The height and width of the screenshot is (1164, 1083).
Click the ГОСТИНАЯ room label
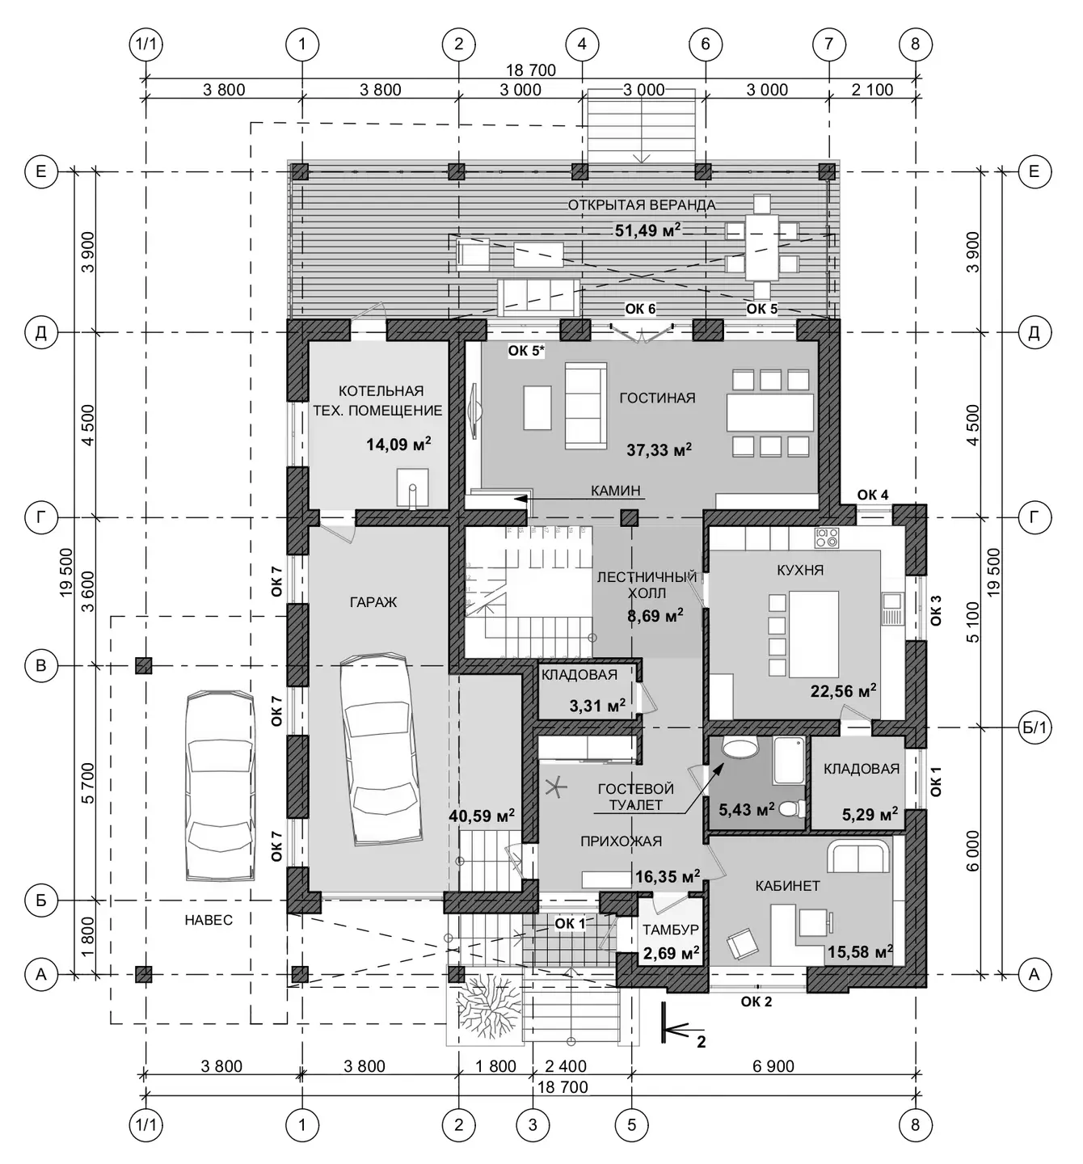[x=657, y=398]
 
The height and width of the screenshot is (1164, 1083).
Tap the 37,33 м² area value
[x=659, y=449]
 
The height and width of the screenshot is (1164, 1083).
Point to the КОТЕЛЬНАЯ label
[x=381, y=391]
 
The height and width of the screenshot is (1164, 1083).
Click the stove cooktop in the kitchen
[x=827, y=538]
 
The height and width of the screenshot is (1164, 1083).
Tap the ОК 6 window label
[x=640, y=309]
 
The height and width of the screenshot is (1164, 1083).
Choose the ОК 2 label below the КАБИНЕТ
[x=756, y=1002]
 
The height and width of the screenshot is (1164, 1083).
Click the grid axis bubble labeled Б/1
[x=1034, y=727]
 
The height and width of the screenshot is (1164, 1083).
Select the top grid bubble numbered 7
[x=828, y=44]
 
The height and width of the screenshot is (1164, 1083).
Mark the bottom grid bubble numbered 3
[x=533, y=1124]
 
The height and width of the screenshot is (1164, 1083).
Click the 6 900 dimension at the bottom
[x=773, y=1066]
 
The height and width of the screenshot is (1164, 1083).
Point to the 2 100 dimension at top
[x=872, y=90]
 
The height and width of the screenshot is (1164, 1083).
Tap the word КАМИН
[x=615, y=491]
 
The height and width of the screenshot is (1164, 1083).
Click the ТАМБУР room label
[x=671, y=930]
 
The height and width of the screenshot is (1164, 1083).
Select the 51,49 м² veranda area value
[x=647, y=230]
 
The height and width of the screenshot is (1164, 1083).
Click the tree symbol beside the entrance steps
[x=484, y=1006]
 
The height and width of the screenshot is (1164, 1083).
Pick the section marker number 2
[x=701, y=1042]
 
